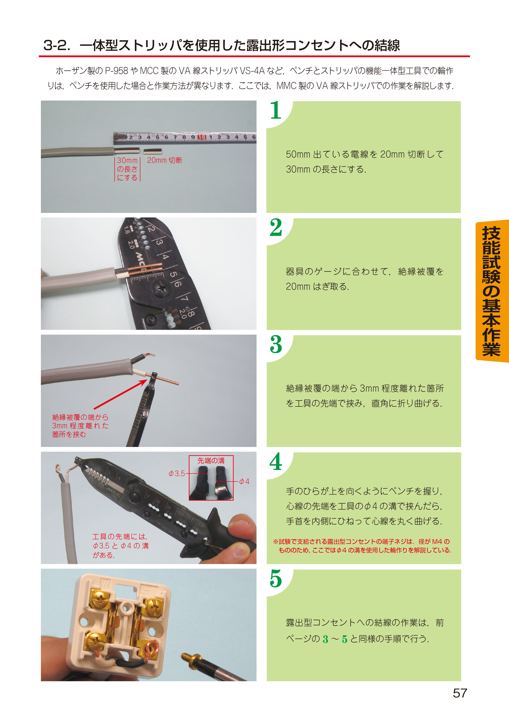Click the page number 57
pyautogui.click(x=460, y=693)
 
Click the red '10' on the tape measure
pyautogui.click(x=202, y=137)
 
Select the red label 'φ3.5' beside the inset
pyautogui.click(x=177, y=473)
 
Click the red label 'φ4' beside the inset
pyautogui.click(x=244, y=481)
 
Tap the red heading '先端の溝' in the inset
pyautogui.click(x=211, y=461)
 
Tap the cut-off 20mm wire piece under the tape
pyautogui.click(x=153, y=152)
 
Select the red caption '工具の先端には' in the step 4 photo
pyautogui.click(x=120, y=536)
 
